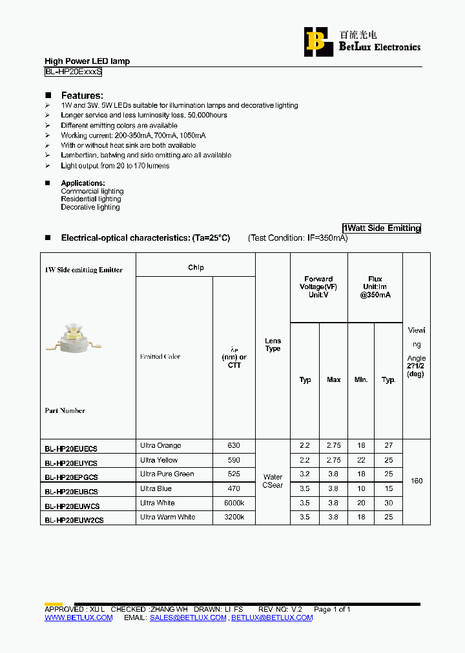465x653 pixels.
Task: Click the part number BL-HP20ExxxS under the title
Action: tap(73, 72)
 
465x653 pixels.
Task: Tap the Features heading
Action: tap(82, 95)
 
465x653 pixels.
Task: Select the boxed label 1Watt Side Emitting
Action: tap(381, 228)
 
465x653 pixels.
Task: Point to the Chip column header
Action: tap(196, 268)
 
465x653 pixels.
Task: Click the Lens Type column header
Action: tap(273, 345)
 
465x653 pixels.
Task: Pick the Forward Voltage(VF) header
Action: tap(318, 286)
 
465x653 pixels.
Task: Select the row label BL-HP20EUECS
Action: tap(71, 447)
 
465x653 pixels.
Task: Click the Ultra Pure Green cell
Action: tap(167, 474)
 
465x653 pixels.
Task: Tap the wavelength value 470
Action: tap(234, 488)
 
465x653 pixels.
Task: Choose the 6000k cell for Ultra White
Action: tap(234, 503)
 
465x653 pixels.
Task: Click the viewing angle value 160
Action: tap(417, 481)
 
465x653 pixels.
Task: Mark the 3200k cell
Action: tap(234, 517)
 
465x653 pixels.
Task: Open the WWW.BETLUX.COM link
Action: tap(78, 618)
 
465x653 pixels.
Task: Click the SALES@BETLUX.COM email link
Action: tap(188, 618)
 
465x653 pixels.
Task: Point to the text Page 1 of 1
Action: tap(332, 609)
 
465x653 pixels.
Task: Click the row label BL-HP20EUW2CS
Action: tap(74, 519)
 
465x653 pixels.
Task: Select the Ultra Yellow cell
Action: tap(159, 460)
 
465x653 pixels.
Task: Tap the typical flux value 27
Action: tap(388, 446)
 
